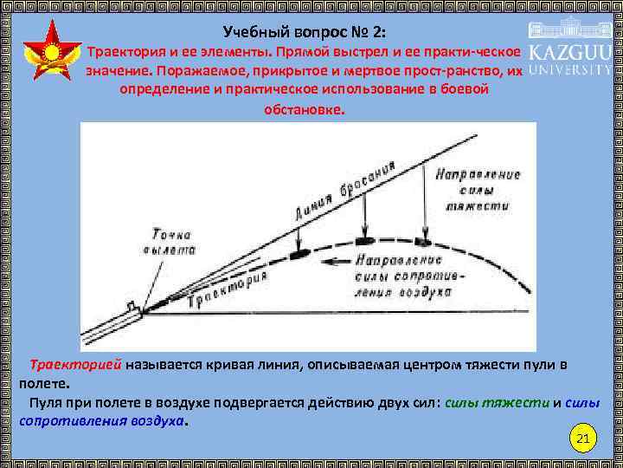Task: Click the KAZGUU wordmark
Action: [570, 51]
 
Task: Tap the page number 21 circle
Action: [582, 440]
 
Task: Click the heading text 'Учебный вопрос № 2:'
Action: [306, 32]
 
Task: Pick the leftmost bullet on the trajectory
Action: [299, 255]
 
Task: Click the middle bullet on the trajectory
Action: [362, 237]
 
